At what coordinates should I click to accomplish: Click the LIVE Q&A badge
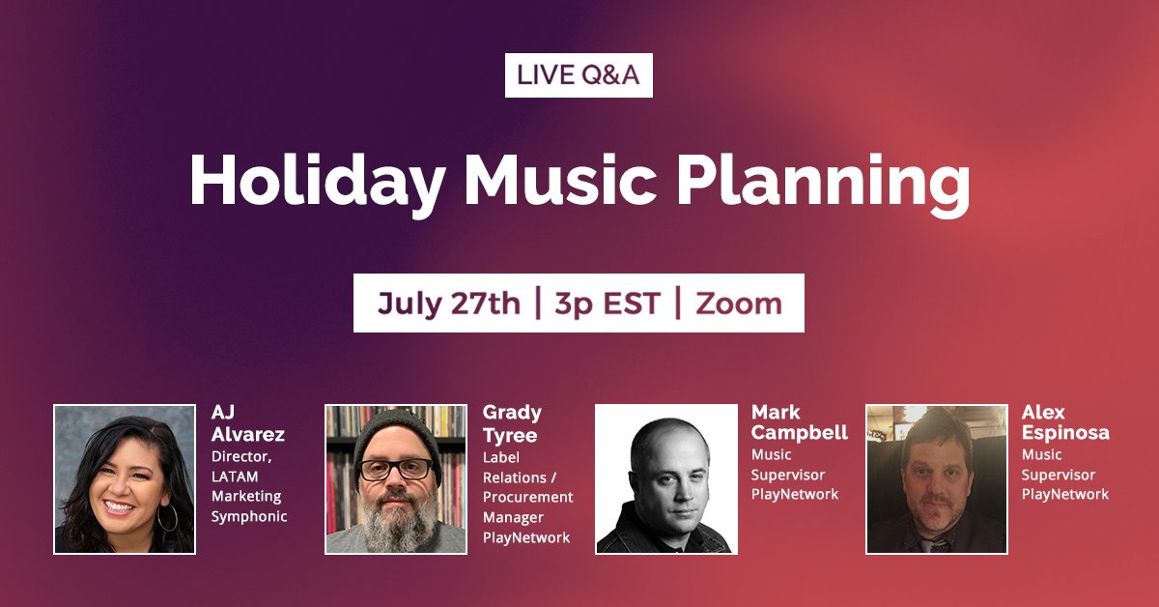[579, 76]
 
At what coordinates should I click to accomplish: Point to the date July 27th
[448, 303]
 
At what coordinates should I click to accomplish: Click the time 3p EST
[607, 303]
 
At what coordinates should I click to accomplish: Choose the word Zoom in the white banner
[739, 303]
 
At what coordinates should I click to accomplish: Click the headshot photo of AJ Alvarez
[125, 479]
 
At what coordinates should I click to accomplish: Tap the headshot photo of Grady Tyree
[396, 479]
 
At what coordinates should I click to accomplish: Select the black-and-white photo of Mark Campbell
[665, 479]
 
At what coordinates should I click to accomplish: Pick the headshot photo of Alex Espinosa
[936, 479]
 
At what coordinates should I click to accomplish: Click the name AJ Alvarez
[247, 423]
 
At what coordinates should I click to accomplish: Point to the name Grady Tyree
[512, 423]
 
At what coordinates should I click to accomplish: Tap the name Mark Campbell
[799, 423]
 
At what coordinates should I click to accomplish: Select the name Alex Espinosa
[1064, 423]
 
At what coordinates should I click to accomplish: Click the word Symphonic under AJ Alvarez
[249, 516]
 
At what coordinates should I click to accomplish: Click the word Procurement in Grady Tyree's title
[527, 496]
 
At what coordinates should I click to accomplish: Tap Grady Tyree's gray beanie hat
[396, 432]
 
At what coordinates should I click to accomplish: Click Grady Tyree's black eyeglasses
[395, 469]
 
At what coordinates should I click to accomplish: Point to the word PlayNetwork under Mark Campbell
[795, 494]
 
